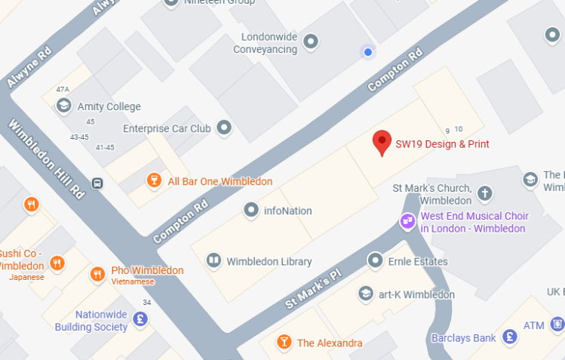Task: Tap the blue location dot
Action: (x=368, y=52)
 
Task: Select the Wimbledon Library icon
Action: (x=213, y=261)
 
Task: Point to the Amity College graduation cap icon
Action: (x=64, y=106)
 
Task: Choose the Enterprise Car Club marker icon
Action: (x=224, y=128)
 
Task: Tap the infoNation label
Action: (x=287, y=211)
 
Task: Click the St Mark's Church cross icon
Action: (x=485, y=194)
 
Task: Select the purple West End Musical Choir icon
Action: (x=407, y=221)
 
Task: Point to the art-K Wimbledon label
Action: (x=416, y=294)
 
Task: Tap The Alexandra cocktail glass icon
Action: (x=284, y=343)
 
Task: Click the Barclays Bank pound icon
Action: (x=511, y=337)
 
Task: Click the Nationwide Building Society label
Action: (x=91, y=321)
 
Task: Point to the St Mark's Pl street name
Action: (x=314, y=289)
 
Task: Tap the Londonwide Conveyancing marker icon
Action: (x=310, y=42)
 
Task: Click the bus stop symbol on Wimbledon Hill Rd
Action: (x=97, y=183)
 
